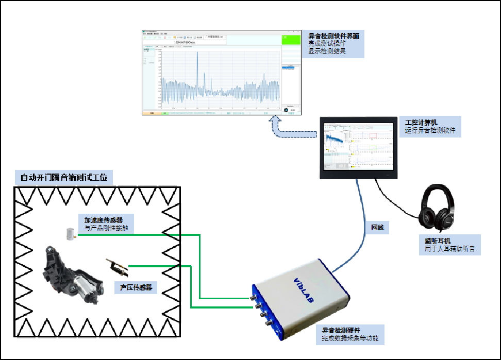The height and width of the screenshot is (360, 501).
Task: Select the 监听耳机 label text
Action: pyautogui.click(x=437, y=240)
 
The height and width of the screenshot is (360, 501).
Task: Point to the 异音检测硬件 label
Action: pyautogui.click(x=341, y=331)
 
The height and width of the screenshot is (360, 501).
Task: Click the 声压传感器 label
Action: pyautogui.click(x=136, y=287)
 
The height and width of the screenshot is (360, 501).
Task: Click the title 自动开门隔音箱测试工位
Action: pyautogui.click(x=64, y=178)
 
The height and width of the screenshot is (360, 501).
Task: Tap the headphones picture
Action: pyautogui.click(x=438, y=210)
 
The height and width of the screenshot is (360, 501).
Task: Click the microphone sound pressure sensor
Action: pyautogui.click(x=116, y=266)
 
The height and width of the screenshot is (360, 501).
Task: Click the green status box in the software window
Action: pyautogui.click(x=292, y=40)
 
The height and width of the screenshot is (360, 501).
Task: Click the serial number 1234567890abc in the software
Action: pyautogui.click(x=190, y=42)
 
